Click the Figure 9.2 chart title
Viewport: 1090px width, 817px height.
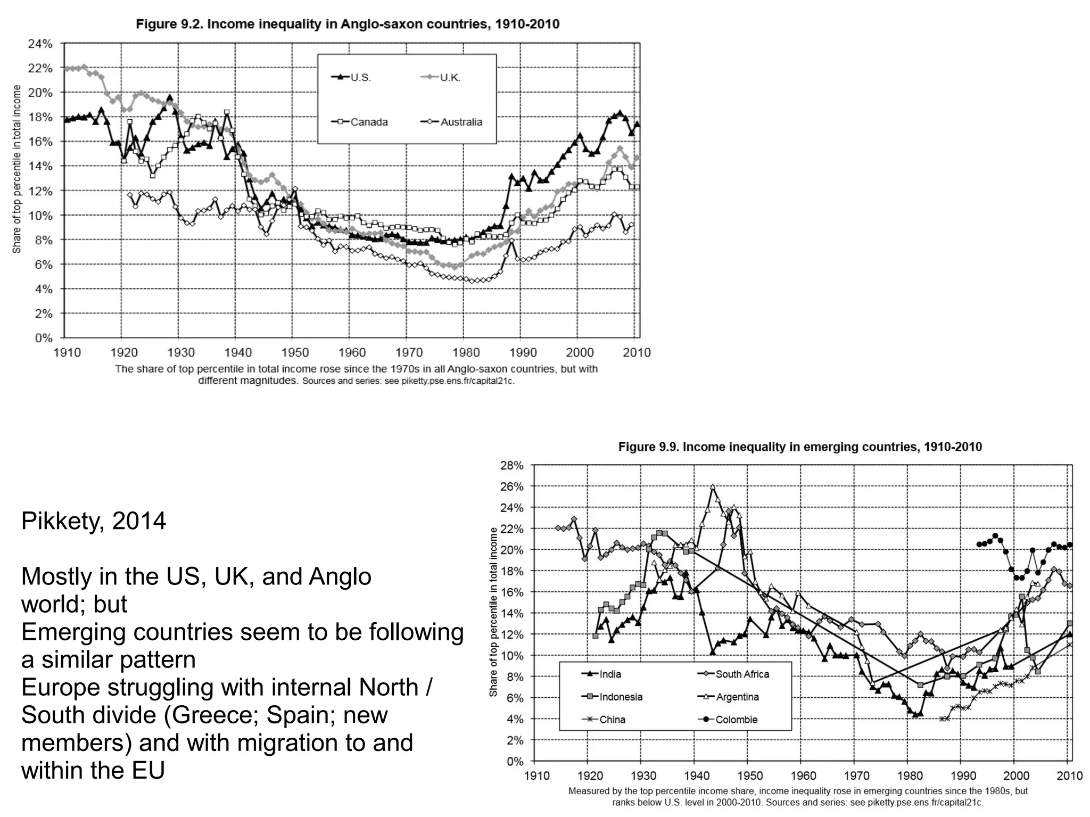348,24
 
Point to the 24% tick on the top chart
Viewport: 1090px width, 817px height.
40,44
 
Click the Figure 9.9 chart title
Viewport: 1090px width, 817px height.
799,447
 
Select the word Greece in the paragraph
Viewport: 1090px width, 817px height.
212,715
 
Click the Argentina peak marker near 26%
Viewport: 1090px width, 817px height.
713,486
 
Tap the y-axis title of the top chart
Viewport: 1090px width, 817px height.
16,169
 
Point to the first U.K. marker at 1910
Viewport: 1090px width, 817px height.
67,69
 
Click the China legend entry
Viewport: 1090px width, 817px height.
612,720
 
